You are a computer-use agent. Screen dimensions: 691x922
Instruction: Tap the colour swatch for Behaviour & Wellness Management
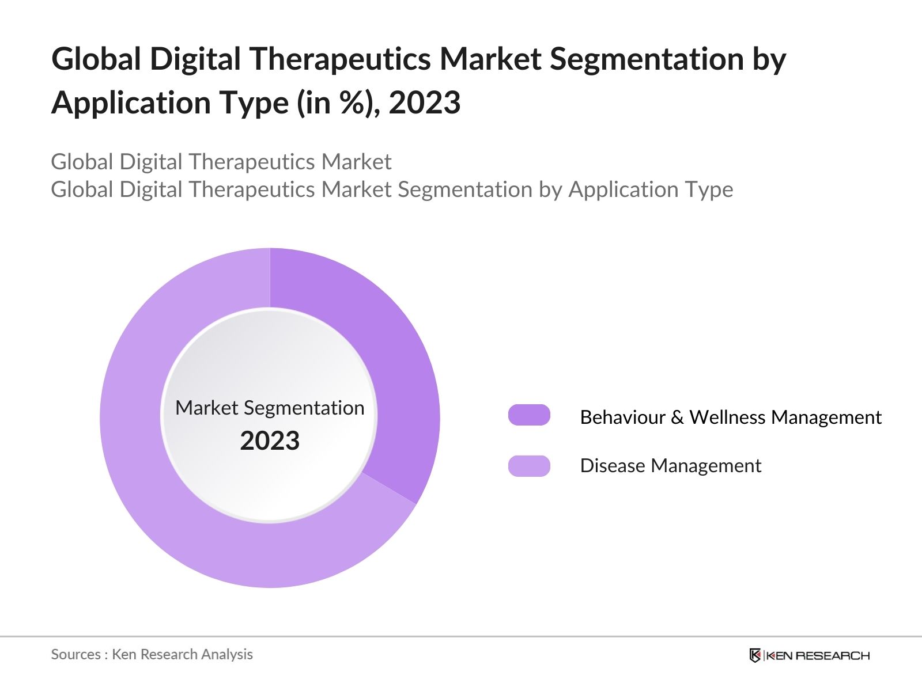click(529, 415)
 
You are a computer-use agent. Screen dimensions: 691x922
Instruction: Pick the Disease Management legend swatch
click(529, 466)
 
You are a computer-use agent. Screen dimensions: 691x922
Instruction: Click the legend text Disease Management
click(670, 466)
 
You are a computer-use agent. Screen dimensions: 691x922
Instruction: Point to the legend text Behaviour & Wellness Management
click(730, 417)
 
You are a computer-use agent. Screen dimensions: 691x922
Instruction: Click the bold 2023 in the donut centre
click(270, 441)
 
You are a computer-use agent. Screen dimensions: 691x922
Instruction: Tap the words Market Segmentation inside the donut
click(270, 408)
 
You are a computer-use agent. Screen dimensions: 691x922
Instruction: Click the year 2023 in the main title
click(425, 102)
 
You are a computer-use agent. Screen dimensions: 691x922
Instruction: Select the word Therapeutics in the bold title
click(339, 59)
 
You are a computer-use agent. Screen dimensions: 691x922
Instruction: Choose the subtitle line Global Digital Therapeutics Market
click(221, 162)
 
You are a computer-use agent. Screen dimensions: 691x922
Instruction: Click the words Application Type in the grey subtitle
click(651, 189)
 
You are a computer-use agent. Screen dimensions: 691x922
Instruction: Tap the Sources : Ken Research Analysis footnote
click(152, 654)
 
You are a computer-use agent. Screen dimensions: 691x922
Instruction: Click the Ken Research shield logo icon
click(755, 655)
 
